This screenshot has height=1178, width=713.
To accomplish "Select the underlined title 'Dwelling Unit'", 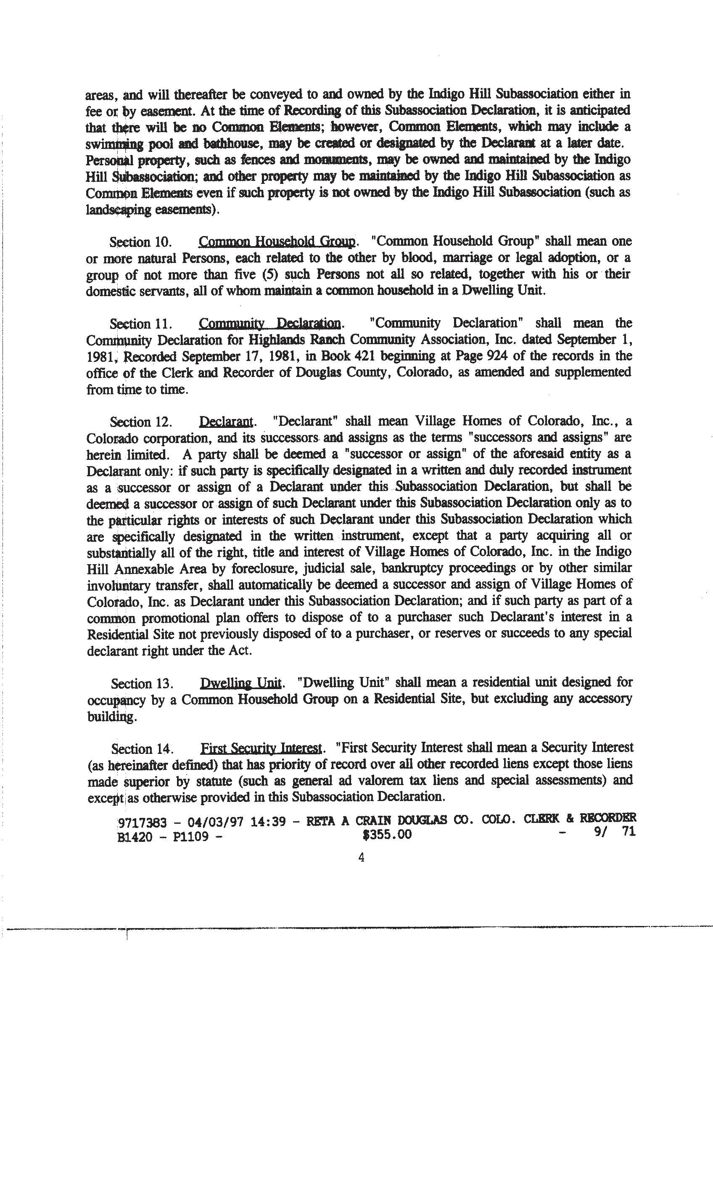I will point(241,683).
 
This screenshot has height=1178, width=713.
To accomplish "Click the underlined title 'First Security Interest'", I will point(261,748).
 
